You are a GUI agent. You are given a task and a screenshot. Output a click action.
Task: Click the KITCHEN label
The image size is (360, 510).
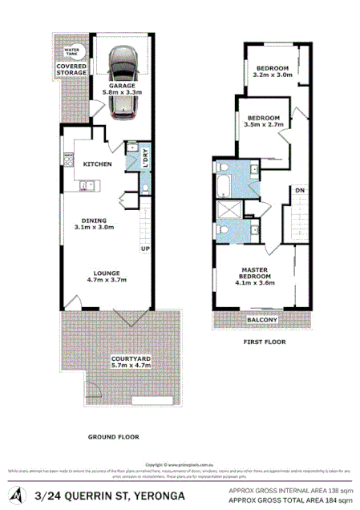coord(98,164)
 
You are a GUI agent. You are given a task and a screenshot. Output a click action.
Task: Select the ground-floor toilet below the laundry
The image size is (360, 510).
coord(144,188)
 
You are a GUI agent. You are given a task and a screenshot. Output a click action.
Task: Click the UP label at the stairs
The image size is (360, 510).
coord(145,249)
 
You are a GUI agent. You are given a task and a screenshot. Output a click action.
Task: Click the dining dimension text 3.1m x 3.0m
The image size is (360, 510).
coord(101,227)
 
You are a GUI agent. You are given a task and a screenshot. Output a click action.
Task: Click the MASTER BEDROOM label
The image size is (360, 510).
coord(255,273)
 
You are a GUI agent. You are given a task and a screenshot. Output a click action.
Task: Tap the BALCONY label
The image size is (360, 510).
coord(262,321)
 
